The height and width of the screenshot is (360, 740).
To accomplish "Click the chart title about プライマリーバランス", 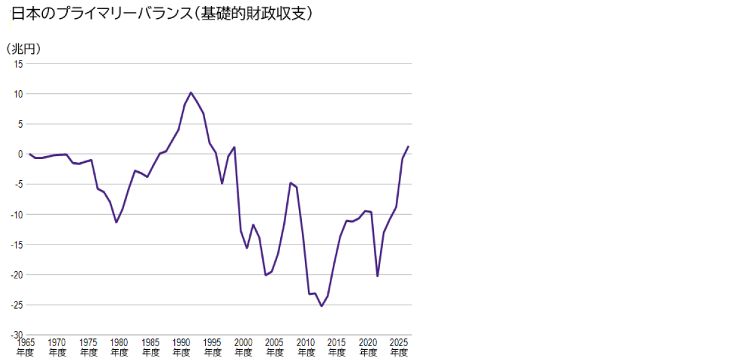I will [x=162, y=14].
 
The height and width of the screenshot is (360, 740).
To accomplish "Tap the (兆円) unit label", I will [x=23, y=50].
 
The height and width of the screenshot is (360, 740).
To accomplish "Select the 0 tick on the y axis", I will [x=20, y=154].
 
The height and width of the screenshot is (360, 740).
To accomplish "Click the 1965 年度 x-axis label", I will [x=25, y=347].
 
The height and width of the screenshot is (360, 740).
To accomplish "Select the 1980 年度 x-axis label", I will [x=119, y=347].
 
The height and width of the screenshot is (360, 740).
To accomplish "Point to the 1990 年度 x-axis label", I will [x=182, y=347].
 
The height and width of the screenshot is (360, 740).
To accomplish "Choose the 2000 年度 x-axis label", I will [x=244, y=347].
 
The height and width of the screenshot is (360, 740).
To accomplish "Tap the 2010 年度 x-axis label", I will [x=306, y=347].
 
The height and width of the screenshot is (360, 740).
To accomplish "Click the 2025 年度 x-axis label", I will [x=399, y=347].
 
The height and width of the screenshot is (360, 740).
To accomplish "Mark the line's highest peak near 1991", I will [x=191, y=93].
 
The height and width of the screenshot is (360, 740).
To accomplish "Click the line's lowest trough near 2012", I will [x=321, y=306].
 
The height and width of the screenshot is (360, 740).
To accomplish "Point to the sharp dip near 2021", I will [x=378, y=277].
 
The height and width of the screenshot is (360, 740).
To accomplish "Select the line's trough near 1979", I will [x=116, y=223].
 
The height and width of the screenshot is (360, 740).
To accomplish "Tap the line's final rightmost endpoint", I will [x=408, y=146].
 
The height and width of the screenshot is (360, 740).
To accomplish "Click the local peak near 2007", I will [x=290, y=183].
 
